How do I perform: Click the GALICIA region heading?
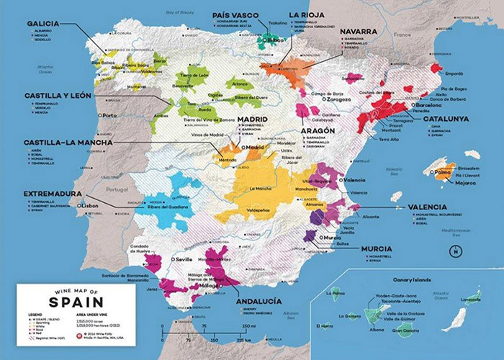[x=43, y=23]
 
